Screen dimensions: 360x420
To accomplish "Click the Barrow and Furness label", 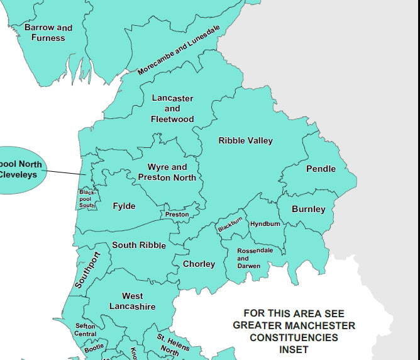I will click(x=48, y=33).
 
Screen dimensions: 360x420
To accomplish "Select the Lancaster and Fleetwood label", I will click(x=172, y=108).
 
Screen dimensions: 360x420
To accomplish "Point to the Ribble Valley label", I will click(x=246, y=141).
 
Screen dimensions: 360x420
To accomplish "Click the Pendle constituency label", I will click(x=321, y=169).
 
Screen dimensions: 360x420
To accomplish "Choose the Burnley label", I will click(x=308, y=209).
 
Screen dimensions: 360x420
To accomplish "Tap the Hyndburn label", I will click(x=265, y=224).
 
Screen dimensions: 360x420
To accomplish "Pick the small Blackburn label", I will click(x=230, y=225).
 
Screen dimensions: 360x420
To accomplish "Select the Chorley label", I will click(x=199, y=264).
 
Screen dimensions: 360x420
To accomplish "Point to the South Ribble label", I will click(x=139, y=245).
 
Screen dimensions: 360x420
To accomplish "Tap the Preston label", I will click(x=177, y=215).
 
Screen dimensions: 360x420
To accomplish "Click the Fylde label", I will click(x=124, y=206).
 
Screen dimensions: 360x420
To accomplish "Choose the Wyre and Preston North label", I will click(x=167, y=172).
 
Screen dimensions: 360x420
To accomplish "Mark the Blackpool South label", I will click(x=86, y=199).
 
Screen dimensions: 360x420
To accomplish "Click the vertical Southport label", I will click(x=88, y=270).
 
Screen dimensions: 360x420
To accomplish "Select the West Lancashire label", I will click(x=132, y=301).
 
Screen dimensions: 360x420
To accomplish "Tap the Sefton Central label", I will click(x=86, y=330).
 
